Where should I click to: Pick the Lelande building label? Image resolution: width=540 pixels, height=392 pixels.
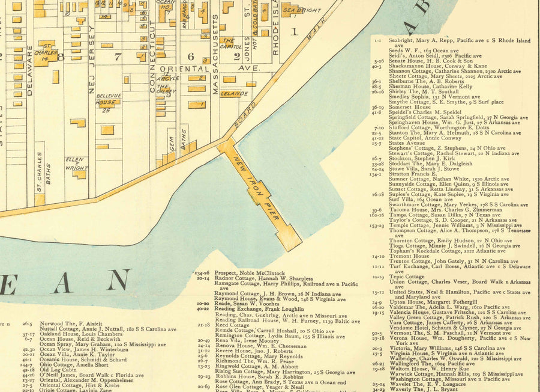point(234,94)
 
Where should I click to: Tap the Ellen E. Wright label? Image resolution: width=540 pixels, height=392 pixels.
point(77,164)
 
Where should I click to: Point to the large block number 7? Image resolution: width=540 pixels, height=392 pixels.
point(118,57)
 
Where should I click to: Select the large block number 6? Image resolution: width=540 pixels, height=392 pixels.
point(190,57)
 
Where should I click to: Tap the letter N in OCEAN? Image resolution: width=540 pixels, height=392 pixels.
point(118,281)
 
